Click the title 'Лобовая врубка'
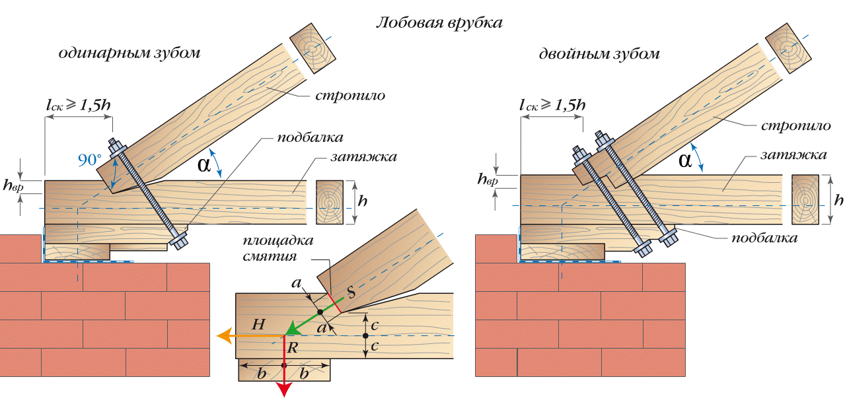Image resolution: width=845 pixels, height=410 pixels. point(439,22)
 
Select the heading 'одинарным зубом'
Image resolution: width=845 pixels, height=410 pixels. point(129,53)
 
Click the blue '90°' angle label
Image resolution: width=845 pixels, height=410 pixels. point(90,160)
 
